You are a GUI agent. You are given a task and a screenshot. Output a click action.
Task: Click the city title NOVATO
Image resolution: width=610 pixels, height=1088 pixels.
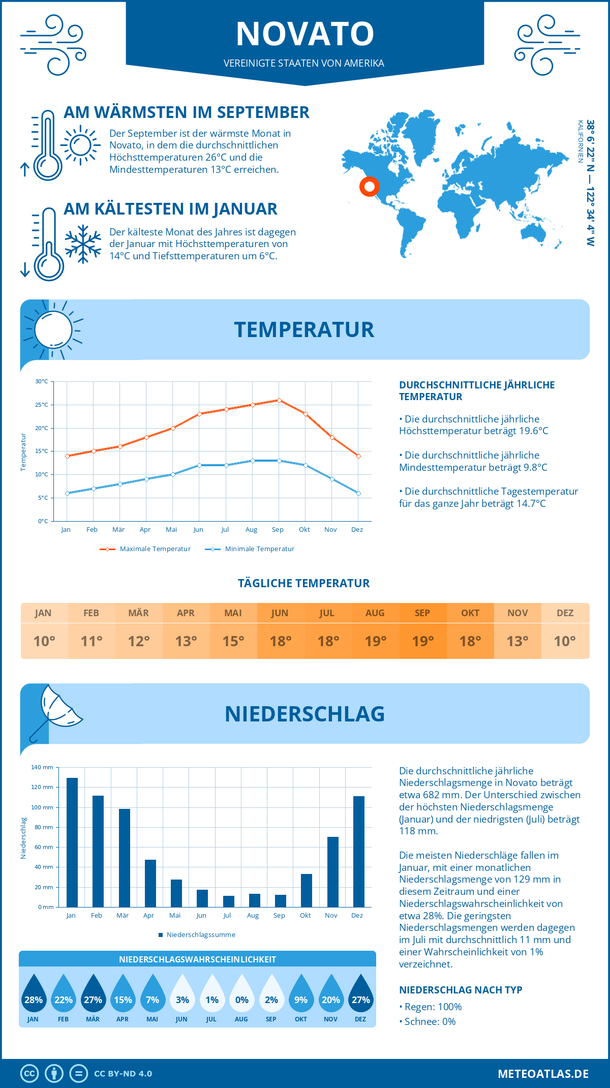[305, 34]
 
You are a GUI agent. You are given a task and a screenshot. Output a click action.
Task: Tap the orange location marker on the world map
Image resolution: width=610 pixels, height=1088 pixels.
[370, 187]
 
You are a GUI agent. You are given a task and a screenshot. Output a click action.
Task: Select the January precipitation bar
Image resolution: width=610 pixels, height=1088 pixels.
[72, 842]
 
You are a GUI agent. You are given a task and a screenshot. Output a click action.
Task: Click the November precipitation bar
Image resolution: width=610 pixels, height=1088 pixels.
[333, 871]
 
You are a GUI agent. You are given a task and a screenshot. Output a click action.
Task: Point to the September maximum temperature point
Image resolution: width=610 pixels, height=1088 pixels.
[279, 400]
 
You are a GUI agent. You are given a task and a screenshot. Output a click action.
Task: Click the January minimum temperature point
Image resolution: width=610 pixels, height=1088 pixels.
[67, 493]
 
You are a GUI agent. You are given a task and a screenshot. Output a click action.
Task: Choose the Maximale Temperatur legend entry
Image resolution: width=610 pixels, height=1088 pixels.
[145, 549]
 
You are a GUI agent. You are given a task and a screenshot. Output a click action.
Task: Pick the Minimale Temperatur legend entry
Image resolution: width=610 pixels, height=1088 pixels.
[250, 549]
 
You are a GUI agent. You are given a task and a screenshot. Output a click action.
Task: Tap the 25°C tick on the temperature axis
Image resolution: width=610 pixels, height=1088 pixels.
[42, 405]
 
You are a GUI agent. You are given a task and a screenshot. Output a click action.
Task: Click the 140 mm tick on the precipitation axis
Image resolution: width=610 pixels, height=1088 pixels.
[42, 767]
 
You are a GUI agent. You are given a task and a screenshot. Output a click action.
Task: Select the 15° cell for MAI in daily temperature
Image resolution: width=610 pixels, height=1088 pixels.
[233, 641]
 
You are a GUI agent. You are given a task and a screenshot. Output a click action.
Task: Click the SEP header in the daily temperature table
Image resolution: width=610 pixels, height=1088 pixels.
[422, 613]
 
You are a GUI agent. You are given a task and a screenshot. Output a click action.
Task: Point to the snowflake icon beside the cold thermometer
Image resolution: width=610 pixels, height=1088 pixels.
[83, 244]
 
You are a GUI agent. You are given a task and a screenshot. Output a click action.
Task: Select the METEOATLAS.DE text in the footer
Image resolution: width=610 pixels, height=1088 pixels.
[543, 1074]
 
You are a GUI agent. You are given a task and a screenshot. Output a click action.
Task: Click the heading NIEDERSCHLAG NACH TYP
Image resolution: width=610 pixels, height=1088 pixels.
[461, 990]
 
